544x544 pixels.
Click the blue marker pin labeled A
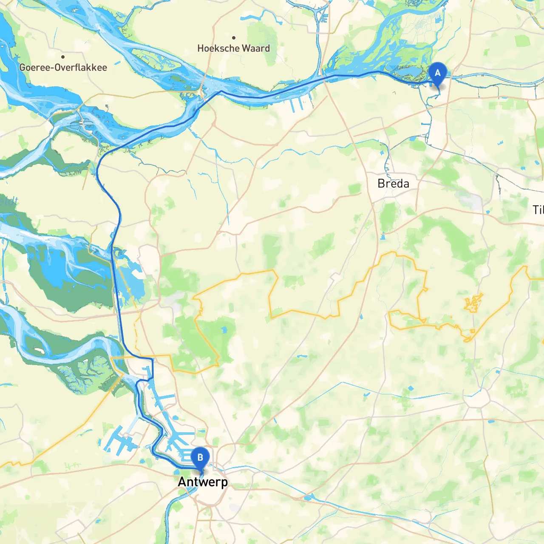click(x=437, y=74)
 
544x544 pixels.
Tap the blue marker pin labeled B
click(x=200, y=458)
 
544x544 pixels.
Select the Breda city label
click(x=393, y=184)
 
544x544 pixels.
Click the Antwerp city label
click(x=203, y=482)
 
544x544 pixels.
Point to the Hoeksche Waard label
click(x=233, y=48)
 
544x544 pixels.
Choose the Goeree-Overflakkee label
click(x=63, y=67)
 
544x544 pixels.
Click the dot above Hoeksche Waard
click(x=233, y=38)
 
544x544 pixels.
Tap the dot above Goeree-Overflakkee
click(x=63, y=57)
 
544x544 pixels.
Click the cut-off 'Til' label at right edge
click(x=538, y=210)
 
